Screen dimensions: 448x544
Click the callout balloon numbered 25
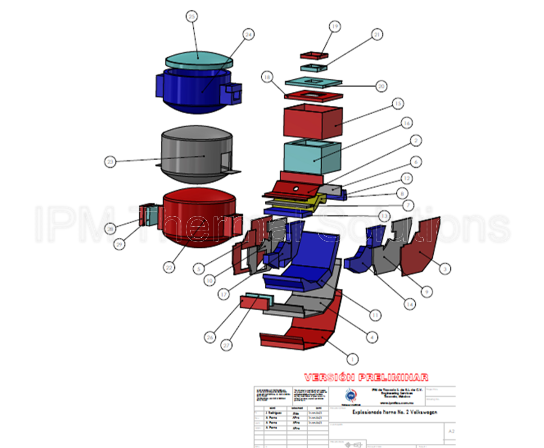(x=192, y=16)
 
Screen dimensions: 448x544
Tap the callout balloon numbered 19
(x=335, y=27)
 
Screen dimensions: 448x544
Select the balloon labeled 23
(x=110, y=161)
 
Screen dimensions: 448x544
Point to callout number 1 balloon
(x=352, y=359)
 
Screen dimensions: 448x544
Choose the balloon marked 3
(x=445, y=268)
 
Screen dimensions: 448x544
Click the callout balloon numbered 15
(x=398, y=104)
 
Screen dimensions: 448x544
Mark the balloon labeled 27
(x=227, y=346)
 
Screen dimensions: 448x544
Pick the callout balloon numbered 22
(x=169, y=267)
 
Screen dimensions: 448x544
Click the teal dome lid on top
(x=199, y=59)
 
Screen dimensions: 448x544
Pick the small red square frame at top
(x=314, y=55)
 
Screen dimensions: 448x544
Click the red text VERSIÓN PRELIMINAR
(x=366, y=377)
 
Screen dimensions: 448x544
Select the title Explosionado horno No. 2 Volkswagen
(x=395, y=412)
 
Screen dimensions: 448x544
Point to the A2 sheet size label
(x=451, y=431)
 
